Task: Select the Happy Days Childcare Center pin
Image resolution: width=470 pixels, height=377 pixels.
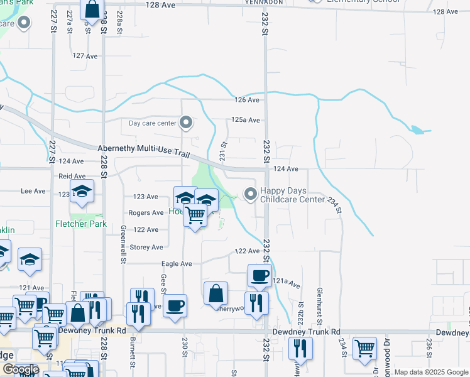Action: [x=251, y=194]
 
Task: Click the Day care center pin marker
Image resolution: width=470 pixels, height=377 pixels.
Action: [x=186, y=122]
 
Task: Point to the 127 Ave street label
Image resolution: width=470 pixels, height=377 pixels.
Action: [x=85, y=56]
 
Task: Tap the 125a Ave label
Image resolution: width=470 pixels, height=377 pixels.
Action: [x=245, y=119]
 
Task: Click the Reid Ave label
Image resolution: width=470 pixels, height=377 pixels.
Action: [x=72, y=177]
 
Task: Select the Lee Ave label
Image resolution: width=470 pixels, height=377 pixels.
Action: [x=34, y=191]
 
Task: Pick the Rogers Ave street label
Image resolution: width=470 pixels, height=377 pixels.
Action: [x=146, y=213]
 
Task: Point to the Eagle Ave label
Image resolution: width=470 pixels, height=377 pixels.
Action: [x=177, y=264]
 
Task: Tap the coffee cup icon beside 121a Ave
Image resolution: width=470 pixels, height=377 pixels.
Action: [x=260, y=275]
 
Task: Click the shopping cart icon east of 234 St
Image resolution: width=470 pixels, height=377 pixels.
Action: [x=364, y=347]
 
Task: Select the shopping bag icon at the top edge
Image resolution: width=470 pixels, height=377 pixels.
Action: [x=92, y=9]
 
